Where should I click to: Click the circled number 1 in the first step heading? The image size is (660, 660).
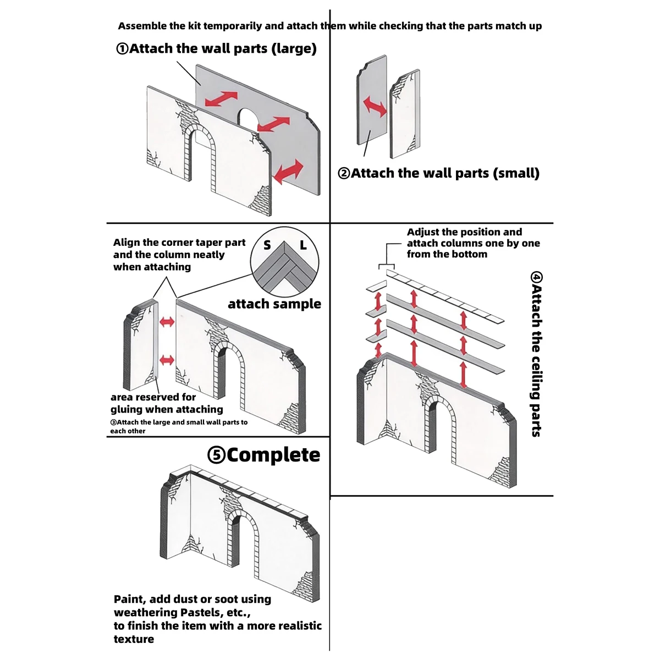click(122, 48)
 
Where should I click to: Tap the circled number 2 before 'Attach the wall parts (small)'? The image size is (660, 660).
click(344, 173)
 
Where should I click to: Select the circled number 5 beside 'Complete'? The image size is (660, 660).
click(216, 455)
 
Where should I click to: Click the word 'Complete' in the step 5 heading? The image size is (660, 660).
click(273, 455)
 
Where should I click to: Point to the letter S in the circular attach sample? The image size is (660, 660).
click(267, 245)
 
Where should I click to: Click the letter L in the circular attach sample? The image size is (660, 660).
click(303, 245)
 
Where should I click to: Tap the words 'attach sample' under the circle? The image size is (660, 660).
click(274, 304)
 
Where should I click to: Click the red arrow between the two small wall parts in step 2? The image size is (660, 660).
click(375, 107)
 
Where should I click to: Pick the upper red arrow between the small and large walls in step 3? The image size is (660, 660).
click(167, 322)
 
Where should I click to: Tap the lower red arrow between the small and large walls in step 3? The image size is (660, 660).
click(167, 360)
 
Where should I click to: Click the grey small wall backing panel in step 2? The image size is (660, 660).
click(372, 100)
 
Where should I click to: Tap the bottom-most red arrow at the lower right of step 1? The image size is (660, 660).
click(288, 172)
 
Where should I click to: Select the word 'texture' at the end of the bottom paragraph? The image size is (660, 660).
click(134, 639)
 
